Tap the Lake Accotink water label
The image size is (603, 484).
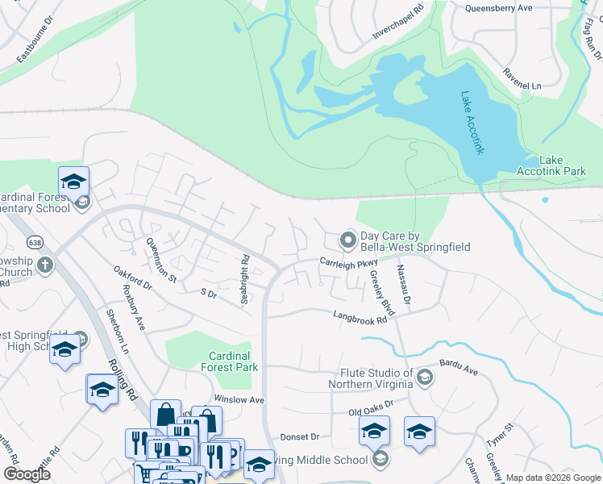click(472, 123)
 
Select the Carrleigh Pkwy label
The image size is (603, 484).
click(348, 262)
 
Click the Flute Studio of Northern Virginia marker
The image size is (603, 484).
click(425, 377)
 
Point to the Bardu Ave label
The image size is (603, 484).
click(459, 370)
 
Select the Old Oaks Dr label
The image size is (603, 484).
click(370, 408)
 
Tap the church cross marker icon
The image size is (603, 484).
click(46, 264)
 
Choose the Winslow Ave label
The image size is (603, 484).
click(239, 400)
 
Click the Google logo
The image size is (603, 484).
click(27, 474)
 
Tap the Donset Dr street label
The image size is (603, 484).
click(300, 436)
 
